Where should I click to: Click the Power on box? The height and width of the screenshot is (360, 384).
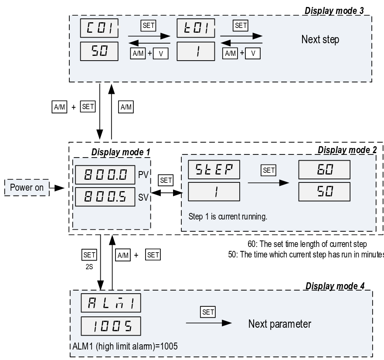pos(27,187)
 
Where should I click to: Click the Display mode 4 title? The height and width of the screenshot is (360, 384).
pos(335,286)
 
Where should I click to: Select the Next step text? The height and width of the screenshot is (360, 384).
pos(320,40)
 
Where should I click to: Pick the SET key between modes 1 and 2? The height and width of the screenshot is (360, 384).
pos(166,180)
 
